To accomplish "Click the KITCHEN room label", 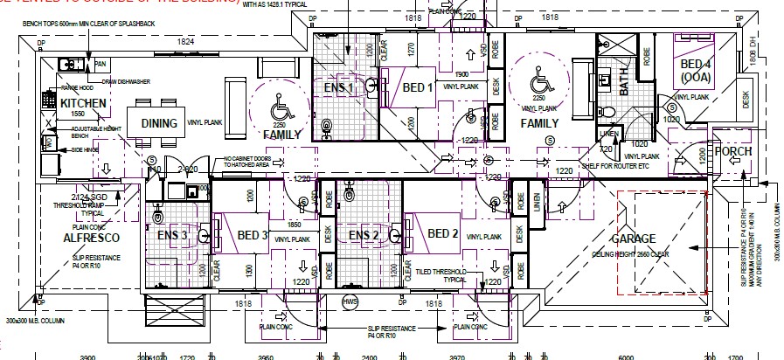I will pos(83,104).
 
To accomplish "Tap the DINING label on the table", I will pos(159,123).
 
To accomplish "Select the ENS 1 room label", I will pos(338,87).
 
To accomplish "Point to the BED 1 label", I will pos(418,87).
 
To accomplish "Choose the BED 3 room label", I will pos(252,235).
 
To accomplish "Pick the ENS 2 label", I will pos(363,235).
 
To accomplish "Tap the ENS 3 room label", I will pos(172,234).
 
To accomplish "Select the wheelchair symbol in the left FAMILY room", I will pos(281,111).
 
